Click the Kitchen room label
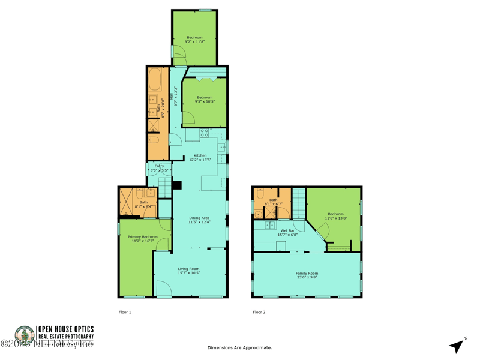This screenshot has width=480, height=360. click(200, 155)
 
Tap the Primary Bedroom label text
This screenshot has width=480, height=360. click(143, 237)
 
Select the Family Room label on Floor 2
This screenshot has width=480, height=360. click(307, 274)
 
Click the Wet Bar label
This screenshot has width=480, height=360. click(287, 230)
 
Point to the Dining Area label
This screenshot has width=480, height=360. click(199, 218)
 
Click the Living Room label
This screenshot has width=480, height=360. click(188, 269)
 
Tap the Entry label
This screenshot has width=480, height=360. click(159, 166)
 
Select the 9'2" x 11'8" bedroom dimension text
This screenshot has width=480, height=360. click(194, 42)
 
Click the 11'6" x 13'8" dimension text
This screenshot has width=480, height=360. click(335, 218)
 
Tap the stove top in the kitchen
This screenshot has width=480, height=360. click(204, 133)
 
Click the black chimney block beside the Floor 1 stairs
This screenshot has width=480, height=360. click(176, 185)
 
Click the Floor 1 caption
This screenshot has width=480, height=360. click(125, 312)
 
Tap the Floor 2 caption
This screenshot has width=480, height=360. click(259, 312)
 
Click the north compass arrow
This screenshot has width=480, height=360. click(457, 345)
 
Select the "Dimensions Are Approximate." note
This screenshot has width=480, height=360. click(239, 347)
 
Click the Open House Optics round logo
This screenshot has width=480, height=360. click(25, 334)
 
